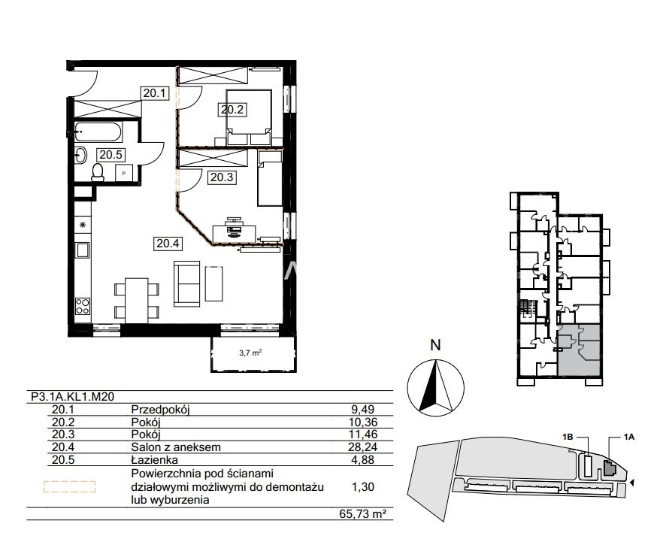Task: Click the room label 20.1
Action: [155, 93]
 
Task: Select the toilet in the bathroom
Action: [98, 172]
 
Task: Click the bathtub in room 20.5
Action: [98, 132]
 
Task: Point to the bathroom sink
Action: [80, 155]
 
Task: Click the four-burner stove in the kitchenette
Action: [83, 306]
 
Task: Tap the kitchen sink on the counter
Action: [83, 250]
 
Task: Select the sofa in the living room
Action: [187, 283]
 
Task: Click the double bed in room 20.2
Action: [249, 117]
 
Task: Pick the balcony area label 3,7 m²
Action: [250, 352]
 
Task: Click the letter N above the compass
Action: [435, 345]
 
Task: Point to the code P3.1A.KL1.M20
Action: [73, 397]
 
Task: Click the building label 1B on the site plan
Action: [568, 437]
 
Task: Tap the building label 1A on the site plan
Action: [629, 437]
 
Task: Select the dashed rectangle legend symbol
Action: [70, 486]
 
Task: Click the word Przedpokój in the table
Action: [161, 410]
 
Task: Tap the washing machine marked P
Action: [124, 173]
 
